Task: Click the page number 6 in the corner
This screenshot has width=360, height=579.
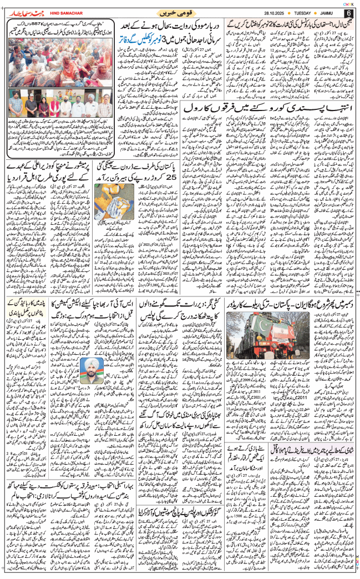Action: (x=349, y=13)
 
